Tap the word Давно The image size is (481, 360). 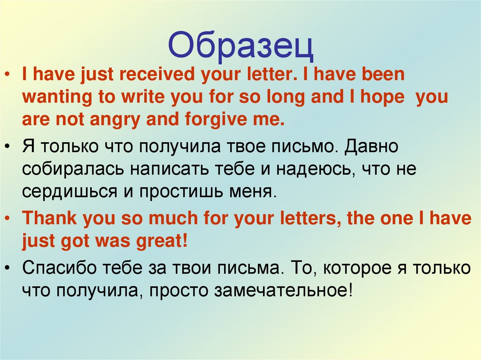coord(372,147)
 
